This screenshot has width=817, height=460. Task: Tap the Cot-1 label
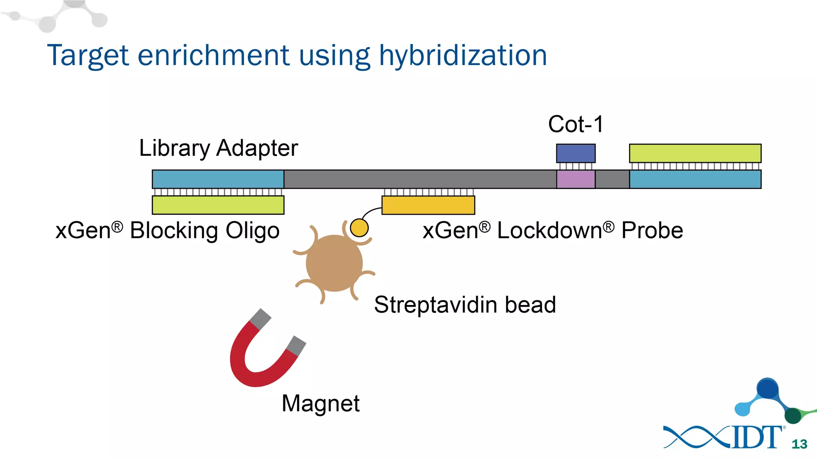(x=575, y=124)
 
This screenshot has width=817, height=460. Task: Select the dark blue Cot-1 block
(x=576, y=153)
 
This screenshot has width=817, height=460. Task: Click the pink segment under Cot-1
(x=576, y=179)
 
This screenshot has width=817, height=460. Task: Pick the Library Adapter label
(x=218, y=148)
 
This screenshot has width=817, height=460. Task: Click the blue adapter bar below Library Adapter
(x=218, y=179)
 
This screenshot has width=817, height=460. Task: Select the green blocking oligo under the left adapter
(x=218, y=205)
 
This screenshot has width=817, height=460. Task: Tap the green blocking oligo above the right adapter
(x=695, y=153)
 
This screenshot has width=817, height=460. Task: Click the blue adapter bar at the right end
(x=695, y=179)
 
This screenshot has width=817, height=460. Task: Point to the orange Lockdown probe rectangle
(x=428, y=205)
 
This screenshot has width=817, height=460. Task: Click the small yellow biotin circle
(x=359, y=228)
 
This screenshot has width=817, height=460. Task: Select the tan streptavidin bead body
(x=334, y=264)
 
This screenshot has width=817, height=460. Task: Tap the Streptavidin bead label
(x=465, y=305)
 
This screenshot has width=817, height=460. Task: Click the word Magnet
(x=320, y=403)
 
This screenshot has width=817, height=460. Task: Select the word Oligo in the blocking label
(x=252, y=231)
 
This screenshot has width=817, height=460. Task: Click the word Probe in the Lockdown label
(x=652, y=231)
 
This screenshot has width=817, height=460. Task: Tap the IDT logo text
(x=756, y=438)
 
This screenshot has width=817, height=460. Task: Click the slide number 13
(x=799, y=444)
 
